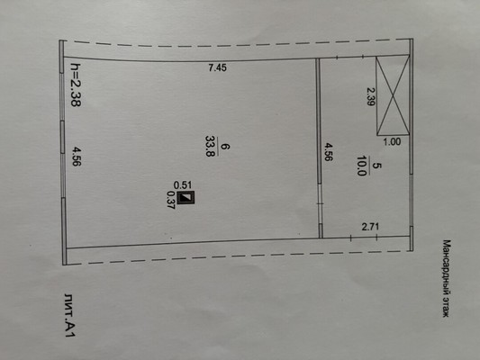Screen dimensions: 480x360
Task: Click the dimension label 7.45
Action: (x=217, y=67)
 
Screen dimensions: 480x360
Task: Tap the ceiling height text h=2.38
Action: (x=76, y=85)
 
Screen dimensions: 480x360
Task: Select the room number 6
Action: (x=225, y=147)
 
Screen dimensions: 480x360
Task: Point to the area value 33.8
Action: (x=210, y=147)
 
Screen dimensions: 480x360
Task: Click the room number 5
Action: (x=377, y=166)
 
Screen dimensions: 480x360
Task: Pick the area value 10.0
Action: (x=362, y=166)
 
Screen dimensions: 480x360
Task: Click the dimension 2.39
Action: (x=371, y=96)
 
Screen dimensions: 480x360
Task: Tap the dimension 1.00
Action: (x=392, y=142)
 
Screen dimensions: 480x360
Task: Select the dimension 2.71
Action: (x=370, y=227)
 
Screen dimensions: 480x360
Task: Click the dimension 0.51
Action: (x=183, y=185)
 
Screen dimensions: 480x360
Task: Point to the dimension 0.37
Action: (x=170, y=200)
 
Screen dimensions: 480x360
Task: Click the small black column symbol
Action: (x=186, y=197)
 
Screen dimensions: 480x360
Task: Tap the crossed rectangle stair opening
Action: (x=393, y=95)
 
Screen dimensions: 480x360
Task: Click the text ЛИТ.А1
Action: (x=70, y=315)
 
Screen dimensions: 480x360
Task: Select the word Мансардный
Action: (x=447, y=265)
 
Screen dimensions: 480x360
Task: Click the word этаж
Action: (x=447, y=306)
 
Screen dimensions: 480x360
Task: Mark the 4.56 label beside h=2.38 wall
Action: (x=77, y=157)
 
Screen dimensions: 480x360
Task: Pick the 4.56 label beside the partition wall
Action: (x=328, y=152)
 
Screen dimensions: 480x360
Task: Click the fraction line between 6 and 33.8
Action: (x=218, y=147)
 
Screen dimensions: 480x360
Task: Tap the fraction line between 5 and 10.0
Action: (x=370, y=166)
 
